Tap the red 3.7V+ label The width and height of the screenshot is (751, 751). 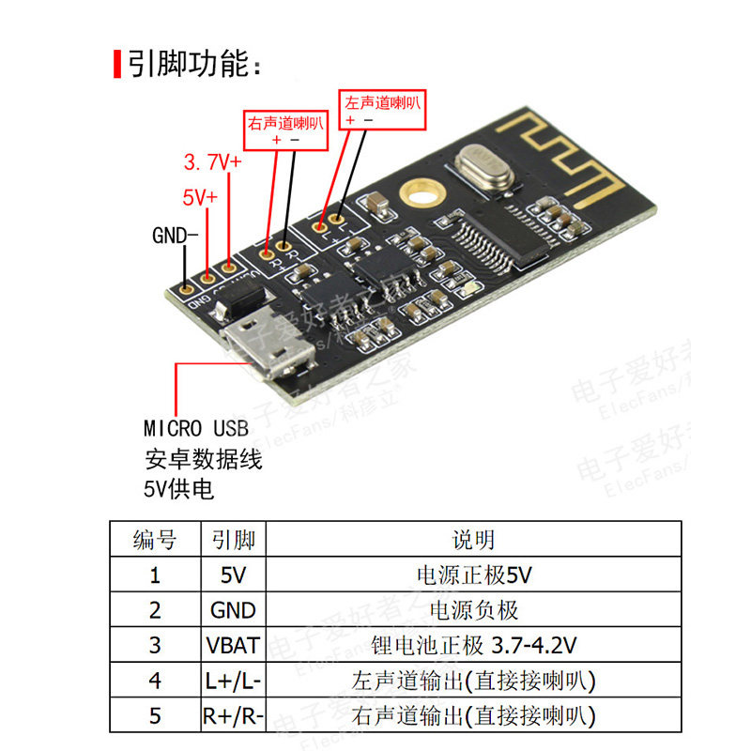(211, 162)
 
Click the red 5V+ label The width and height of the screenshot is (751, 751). (199, 198)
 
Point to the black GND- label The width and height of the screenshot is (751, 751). (175, 235)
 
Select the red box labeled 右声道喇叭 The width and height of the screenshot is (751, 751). (285, 129)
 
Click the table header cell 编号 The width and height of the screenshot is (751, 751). (155, 539)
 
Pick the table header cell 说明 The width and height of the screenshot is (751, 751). (473, 539)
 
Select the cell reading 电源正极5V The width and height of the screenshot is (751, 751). (473, 575)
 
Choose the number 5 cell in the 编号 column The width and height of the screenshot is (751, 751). (155, 716)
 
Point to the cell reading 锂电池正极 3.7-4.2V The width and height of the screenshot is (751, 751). (473, 646)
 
